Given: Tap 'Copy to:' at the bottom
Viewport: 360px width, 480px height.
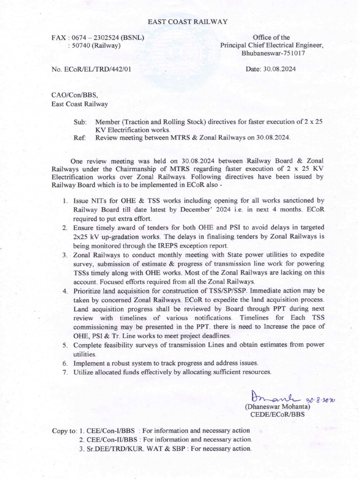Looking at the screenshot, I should (64, 431).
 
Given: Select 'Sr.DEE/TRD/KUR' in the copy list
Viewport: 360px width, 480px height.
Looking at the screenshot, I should (115, 449).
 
